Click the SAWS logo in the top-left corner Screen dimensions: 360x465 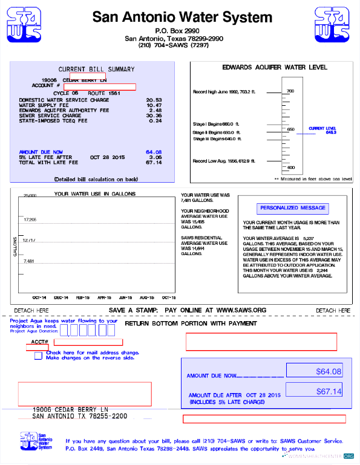point(24,25)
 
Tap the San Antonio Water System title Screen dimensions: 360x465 point(182,17)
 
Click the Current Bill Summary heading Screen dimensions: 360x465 point(96,69)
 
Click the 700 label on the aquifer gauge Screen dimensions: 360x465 point(290,91)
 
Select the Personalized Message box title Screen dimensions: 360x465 point(293,208)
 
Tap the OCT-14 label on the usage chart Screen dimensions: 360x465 point(39,298)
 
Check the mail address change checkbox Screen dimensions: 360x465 point(39,355)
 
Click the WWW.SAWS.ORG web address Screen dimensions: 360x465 point(241,310)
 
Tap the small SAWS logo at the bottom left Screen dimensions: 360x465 point(28,441)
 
